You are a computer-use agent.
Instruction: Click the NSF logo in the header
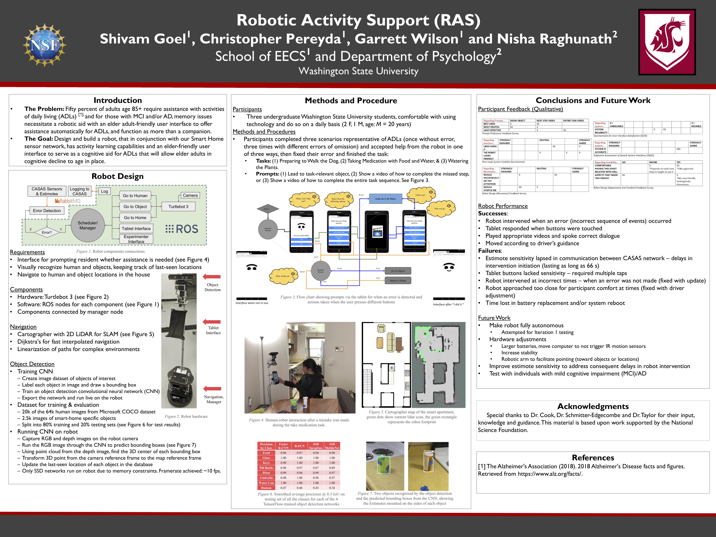45,45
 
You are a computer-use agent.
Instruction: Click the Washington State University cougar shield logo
667,42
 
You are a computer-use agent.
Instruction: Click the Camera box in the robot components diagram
190,195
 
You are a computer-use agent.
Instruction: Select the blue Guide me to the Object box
386,199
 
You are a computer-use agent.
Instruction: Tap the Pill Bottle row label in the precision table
266,468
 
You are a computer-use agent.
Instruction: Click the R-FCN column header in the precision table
299,446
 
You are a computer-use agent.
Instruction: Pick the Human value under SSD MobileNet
332,488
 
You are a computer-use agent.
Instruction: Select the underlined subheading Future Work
494,318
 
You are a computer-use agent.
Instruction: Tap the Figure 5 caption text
411,417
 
